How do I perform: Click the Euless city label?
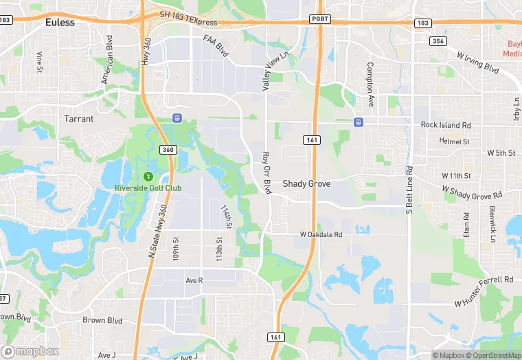coord(60,22)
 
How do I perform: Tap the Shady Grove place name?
coord(306,184)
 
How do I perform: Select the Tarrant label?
coord(79,119)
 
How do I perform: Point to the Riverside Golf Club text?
coord(148,188)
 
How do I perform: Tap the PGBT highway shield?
coord(319,19)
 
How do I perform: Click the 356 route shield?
coord(437,41)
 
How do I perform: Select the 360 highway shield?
coord(168,149)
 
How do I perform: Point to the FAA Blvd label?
coord(216,45)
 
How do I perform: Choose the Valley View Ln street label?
coord(266,72)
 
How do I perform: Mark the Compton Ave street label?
coord(370,85)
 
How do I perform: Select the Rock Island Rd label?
coord(446,125)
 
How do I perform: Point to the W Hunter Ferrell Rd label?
coord(484,291)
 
